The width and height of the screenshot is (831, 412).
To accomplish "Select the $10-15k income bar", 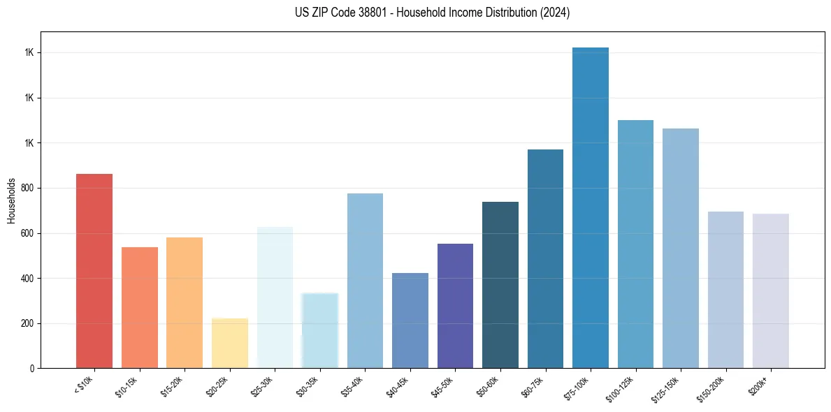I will point(139,307).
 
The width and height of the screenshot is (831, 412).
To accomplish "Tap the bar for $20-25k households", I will point(229,343).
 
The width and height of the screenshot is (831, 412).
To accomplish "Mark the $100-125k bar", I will point(635,244).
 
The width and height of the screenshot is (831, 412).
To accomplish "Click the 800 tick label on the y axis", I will point(29,188).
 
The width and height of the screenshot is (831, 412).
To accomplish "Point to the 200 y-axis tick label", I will point(29,323).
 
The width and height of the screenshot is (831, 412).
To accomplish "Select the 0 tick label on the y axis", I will point(32,369).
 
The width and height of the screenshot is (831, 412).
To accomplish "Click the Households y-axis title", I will point(11,200).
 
